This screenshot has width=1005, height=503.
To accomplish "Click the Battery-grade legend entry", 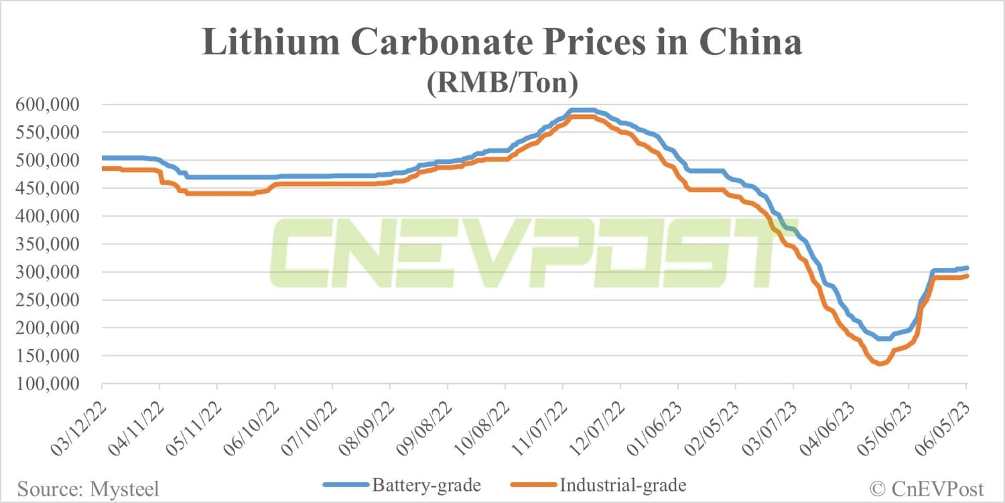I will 401,484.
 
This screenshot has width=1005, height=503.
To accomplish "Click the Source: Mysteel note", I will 88,489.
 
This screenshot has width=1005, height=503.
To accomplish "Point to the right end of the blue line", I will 966,268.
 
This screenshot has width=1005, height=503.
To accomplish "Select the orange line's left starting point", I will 103,168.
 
